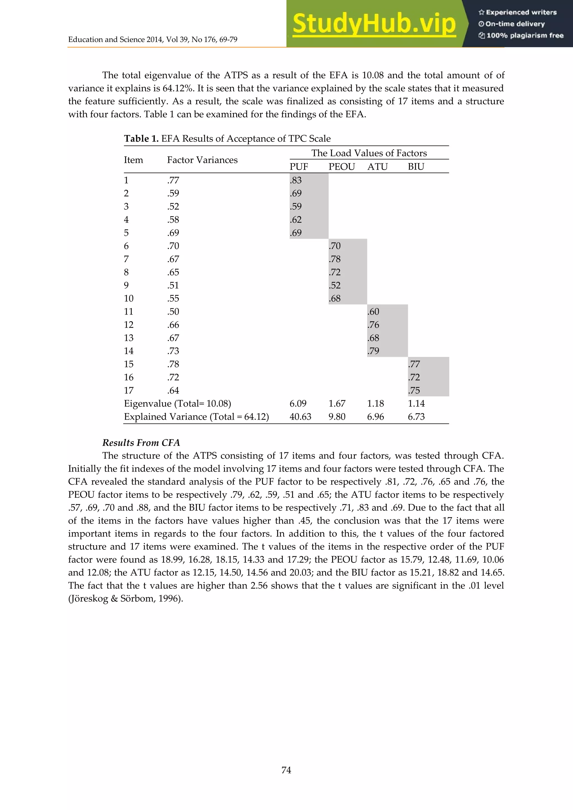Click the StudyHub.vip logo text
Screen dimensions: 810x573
tap(374, 24)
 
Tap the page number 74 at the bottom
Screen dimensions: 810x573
tap(286, 770)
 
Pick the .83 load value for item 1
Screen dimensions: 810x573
tap(296, 180)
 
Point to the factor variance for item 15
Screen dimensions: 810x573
tap(173, 364)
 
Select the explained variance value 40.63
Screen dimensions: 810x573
tap(300, 417)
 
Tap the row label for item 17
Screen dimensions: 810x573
tap(128, 390)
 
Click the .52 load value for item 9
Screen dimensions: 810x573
tap(335, 285)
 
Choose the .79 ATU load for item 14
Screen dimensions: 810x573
tap(373, 351)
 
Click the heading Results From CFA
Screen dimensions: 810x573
tap(141, 443)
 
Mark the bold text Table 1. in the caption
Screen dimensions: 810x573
tap(141, 139)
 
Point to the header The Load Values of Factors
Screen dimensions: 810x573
tap(369, 153)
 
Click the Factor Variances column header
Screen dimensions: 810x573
tap(202, 160)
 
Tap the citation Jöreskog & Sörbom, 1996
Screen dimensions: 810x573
tap(125, 599)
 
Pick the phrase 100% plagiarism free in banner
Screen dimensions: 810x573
tap(524, 35)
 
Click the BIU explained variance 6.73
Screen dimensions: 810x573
tap(416, 417)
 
